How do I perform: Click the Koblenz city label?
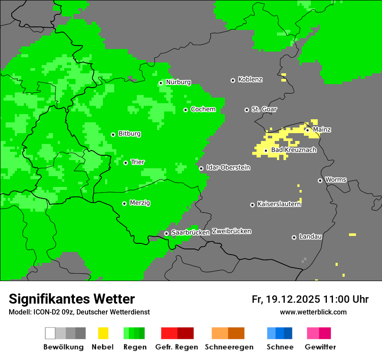click(250, 80)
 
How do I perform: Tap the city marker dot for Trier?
click(125, 163)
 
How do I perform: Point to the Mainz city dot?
click(307, 130)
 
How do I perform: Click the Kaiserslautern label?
click(279, 204)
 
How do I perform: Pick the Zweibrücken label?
click(231, 231)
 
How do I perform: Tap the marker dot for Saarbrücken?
click(166, 233)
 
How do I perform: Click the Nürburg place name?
click(178, 82)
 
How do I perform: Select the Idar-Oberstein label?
click(228, 167)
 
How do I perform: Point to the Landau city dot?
click(294, 237)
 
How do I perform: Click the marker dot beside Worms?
click(320, 180)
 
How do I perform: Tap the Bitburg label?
click(129, 134)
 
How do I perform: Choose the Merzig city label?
click(140, 203)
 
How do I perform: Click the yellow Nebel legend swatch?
click(103, 333)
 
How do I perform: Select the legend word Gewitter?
click(320, 347)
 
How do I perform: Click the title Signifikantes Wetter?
click(72, 299)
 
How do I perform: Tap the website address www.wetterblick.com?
click(313, 312)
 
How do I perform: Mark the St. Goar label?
click(264, 109)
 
